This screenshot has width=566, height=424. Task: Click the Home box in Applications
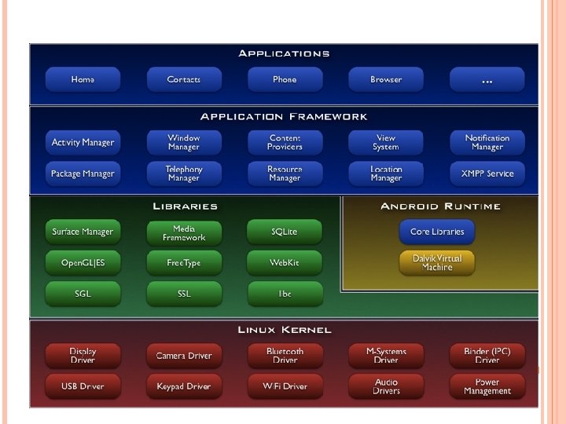coord(83,79)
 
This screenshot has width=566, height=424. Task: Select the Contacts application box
coord(184,79)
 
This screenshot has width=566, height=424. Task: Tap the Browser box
coord(386,79)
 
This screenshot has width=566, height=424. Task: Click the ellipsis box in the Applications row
coord(487,79)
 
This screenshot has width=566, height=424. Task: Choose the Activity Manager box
coord(83,142)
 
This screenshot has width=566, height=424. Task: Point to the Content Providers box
coord(285,142)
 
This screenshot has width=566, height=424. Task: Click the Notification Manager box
coord(487,142)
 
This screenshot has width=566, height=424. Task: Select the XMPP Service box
coord(487,174)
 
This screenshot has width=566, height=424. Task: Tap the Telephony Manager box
coord(184,174)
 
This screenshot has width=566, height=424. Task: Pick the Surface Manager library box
coord(83,232)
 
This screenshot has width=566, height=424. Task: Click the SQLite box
coord(285,232)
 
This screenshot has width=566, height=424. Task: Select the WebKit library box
coord(285,263)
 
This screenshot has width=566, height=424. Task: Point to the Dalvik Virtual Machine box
coord(437,262)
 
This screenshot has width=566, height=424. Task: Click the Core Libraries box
coord(437,232)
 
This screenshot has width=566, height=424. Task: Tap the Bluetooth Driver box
coord(285,356)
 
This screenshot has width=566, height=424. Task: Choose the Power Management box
coord(487,386)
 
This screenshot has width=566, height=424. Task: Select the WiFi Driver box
coord(285,386)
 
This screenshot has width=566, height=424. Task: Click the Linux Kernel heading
coord(285,330)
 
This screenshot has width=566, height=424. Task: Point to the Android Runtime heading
coord(440,207)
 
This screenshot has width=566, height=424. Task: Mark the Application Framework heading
coord(284,117)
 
